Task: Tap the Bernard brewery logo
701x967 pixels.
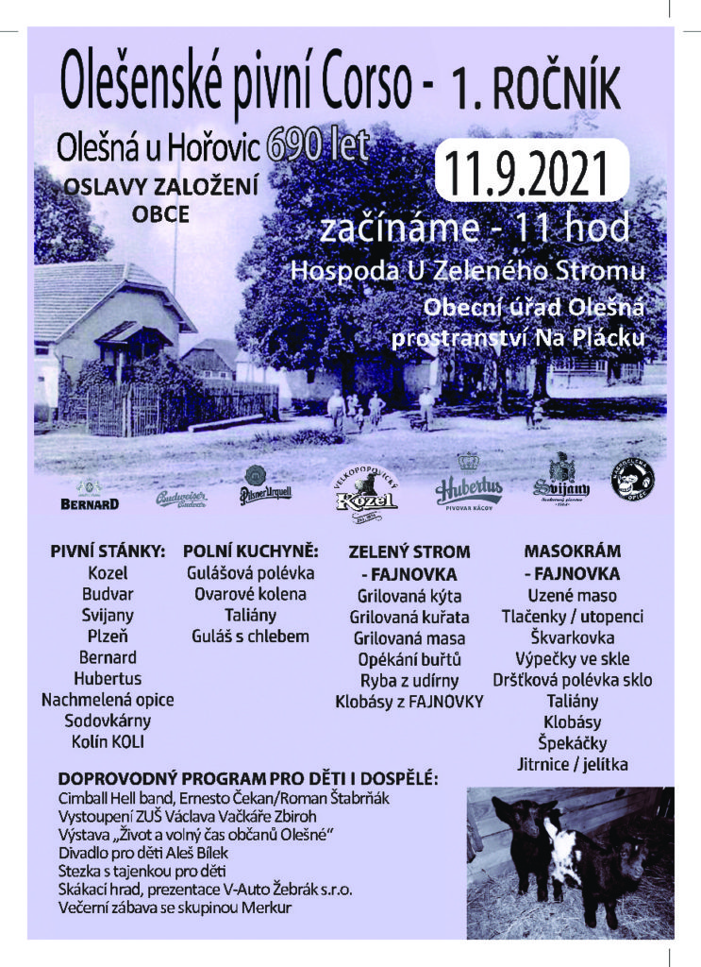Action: click(90, 500)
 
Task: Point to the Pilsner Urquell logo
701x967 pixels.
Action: click(265, 487)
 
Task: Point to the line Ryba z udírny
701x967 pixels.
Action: click(409, 680)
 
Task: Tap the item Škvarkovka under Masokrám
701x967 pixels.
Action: click(573, 637)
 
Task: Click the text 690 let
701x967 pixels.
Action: click(317, 144)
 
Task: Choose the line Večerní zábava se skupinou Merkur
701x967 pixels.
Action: click(175, 908)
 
